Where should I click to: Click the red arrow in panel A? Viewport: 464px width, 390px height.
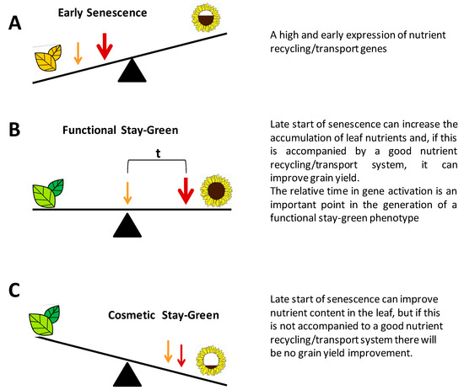click(104, 47)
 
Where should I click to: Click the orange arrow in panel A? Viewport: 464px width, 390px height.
click(78, 53)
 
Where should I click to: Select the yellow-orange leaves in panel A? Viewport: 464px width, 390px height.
click(49, 61)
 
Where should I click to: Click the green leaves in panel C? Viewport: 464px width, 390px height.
click(48, 323)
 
